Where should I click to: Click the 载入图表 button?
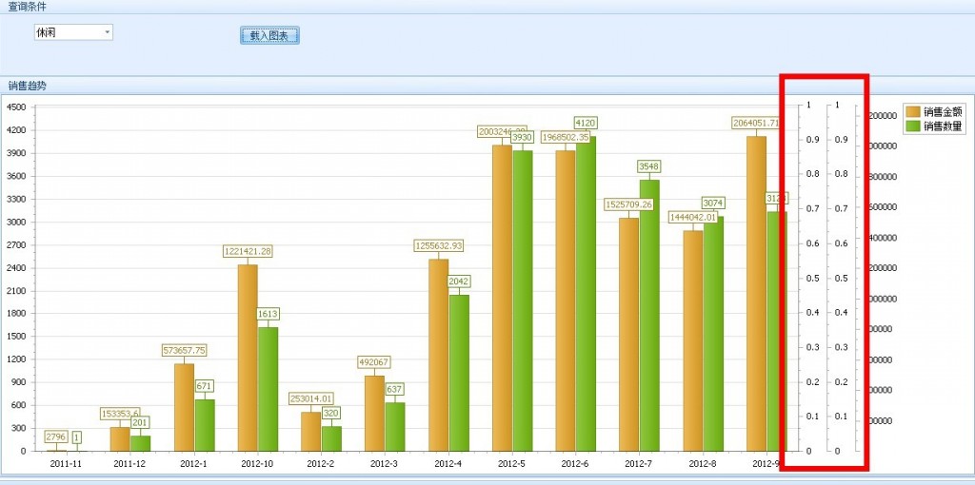(x=269, y=36)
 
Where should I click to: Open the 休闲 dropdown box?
(x=73, y=32)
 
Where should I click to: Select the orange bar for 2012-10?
(x=248, y=357)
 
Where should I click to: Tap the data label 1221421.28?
(x=248, y=251)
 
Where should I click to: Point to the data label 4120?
(x=586, y=123)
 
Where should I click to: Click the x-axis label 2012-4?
(x=448, y=463)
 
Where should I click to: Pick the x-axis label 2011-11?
(x=66, y=463)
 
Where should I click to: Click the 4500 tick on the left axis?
(x=16, y=107)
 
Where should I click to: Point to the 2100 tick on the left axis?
(x=16, y=291)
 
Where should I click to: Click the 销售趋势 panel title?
(x=27, y=86)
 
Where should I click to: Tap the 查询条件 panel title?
(x=27, y=7)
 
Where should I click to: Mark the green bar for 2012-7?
(x=649, y=315)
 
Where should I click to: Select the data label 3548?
(x=649, y=166)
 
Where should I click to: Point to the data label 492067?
(x=374, y=362)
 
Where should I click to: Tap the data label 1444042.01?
(x=693, y=217)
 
